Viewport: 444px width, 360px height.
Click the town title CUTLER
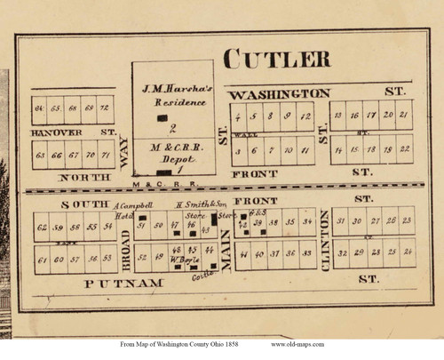pos(276,59)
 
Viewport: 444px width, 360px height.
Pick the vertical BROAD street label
pos(125,245)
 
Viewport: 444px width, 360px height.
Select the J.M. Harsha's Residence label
pos(173,95)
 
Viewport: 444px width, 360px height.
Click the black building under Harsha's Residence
pos(162,117)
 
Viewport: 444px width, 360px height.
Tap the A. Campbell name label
pos(135,205)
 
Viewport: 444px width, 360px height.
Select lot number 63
pos(40,155)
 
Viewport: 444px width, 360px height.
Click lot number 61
pos(41,259)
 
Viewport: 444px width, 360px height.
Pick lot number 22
pos(405,148)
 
